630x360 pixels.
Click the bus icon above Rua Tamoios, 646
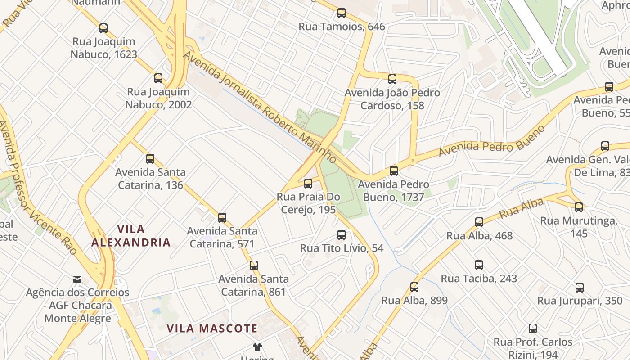[342, 13]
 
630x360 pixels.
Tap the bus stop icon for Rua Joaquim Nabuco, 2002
[158, 78]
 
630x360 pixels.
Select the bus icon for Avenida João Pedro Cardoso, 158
[392, 79]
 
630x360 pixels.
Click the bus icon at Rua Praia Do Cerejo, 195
[308, 183]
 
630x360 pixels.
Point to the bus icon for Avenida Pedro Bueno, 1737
[394, 171]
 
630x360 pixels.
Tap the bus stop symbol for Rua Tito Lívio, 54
[342, 234]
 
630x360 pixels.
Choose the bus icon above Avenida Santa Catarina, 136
[150, 158]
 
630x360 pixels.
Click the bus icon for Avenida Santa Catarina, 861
[254, 265]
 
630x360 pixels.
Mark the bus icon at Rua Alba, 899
[414, 287]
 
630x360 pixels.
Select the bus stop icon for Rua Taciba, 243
[479, 265]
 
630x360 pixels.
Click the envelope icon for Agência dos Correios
[77, 279]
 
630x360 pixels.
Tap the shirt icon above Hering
[257, 347]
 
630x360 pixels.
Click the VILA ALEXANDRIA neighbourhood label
[131, 236]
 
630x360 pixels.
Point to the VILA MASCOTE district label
[212, 328]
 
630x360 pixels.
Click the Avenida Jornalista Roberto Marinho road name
[260, 107]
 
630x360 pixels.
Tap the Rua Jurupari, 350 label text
[580, 301]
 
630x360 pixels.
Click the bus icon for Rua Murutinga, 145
[579, 207]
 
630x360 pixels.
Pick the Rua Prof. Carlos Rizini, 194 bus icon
[533, 328]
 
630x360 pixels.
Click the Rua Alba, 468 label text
[479, 235]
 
